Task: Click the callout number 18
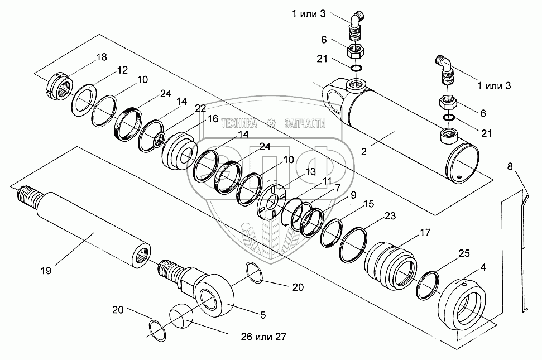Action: pos(101,57)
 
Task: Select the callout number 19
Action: pos(46,271)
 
